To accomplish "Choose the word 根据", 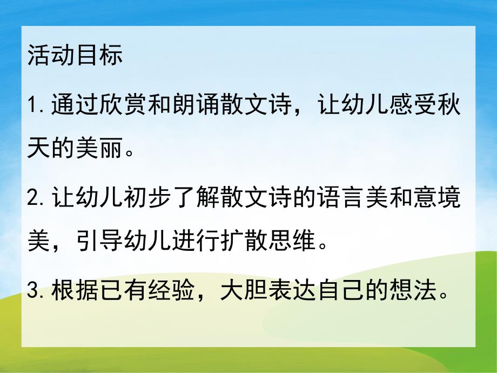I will pos(65,292).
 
